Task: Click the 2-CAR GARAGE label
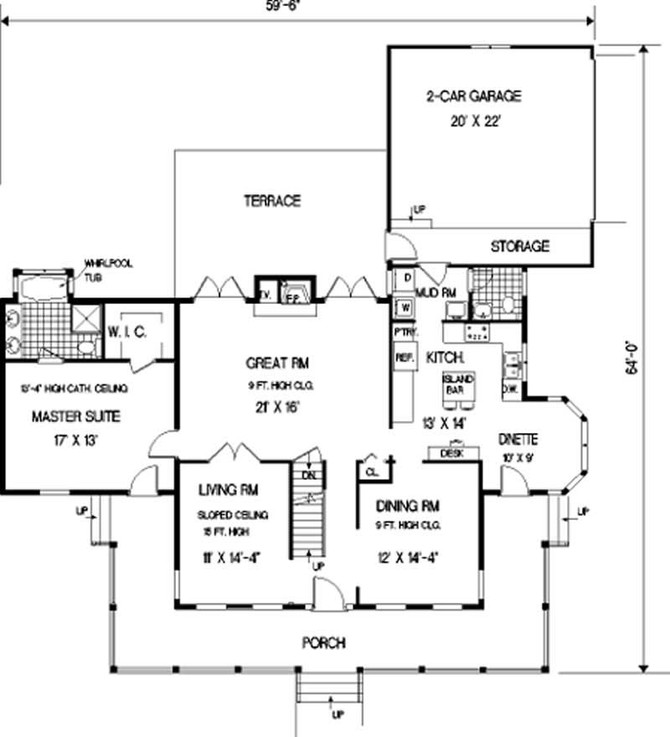472,96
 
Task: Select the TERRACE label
272,201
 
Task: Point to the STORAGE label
519,246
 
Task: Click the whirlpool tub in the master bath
43,288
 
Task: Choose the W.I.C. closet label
127,332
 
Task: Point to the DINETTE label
518,439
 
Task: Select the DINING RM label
408,506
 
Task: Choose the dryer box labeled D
405,277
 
